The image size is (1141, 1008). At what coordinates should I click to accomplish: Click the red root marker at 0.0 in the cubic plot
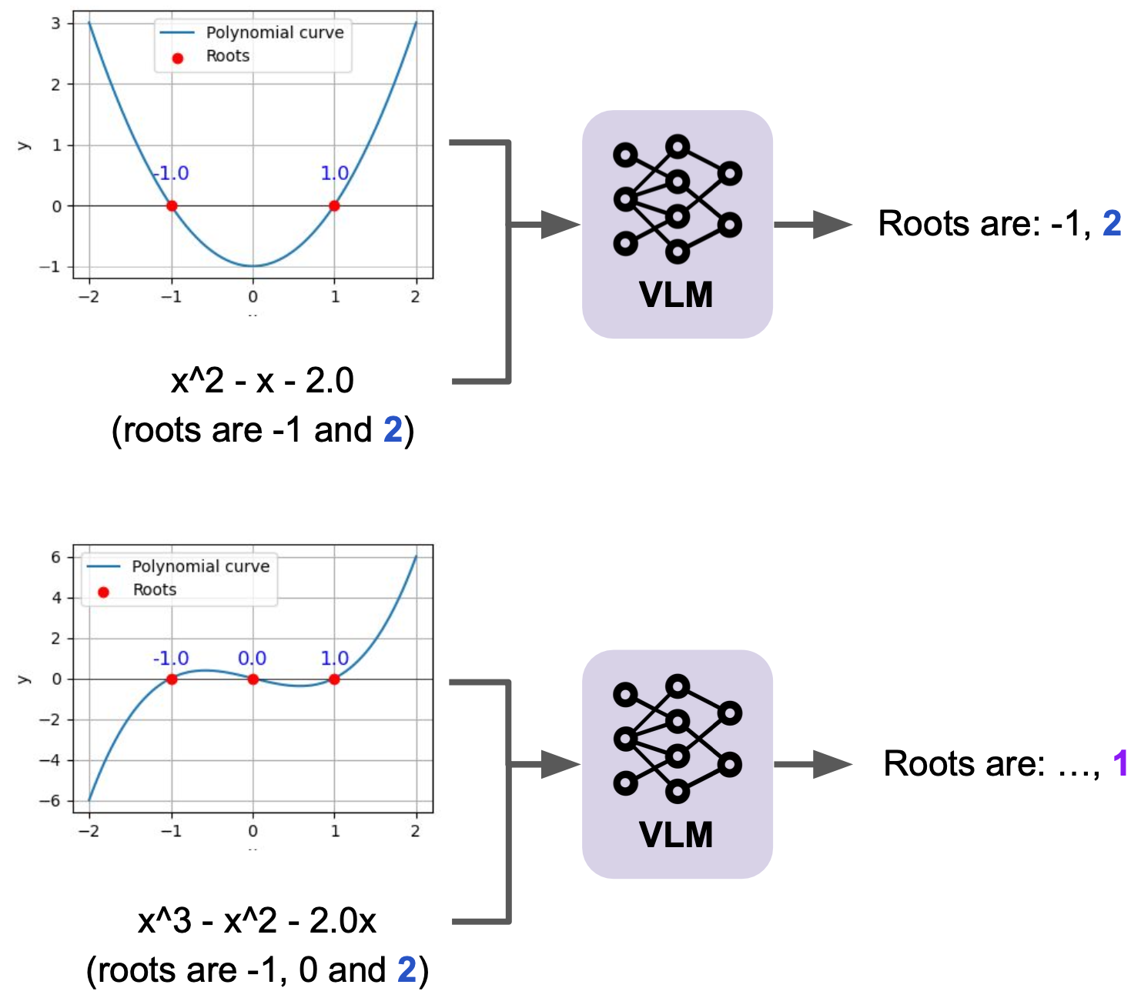click(253, 679)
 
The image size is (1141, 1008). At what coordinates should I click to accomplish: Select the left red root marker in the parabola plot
click(172, 206)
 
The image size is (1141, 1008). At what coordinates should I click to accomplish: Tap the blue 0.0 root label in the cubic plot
click(252, 657)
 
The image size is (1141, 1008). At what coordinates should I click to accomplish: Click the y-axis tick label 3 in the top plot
click(55, 24)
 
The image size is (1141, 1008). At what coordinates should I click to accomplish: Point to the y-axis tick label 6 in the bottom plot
click(55, 557)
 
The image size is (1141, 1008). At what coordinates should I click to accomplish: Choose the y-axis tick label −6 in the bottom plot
click(49, 800)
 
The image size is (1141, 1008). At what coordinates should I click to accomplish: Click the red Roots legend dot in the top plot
click(177, 58)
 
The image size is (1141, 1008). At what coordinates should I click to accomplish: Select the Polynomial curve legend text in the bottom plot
click(200, 566)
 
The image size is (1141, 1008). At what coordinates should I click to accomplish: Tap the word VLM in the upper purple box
click(676, 295)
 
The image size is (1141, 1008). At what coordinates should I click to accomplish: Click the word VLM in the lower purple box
click(676, 834)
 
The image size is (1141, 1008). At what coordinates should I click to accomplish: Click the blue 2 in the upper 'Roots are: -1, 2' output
click(1112, 223)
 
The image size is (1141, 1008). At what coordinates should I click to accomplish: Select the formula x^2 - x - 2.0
click(262, 380)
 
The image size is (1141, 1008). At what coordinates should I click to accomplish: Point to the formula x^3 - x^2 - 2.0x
click(257, 921)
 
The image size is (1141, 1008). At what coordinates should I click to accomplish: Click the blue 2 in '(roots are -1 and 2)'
click(393, 430)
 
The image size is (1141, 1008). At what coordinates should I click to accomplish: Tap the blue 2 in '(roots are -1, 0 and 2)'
click(407, 970)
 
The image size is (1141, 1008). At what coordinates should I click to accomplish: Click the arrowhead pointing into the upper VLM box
click(560, 225)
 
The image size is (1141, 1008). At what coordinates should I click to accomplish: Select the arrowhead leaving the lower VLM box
click(832, 764)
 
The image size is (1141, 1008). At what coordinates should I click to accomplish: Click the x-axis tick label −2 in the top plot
click(89, 296)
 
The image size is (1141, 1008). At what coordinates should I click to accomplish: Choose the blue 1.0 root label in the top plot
click(335, 173)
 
